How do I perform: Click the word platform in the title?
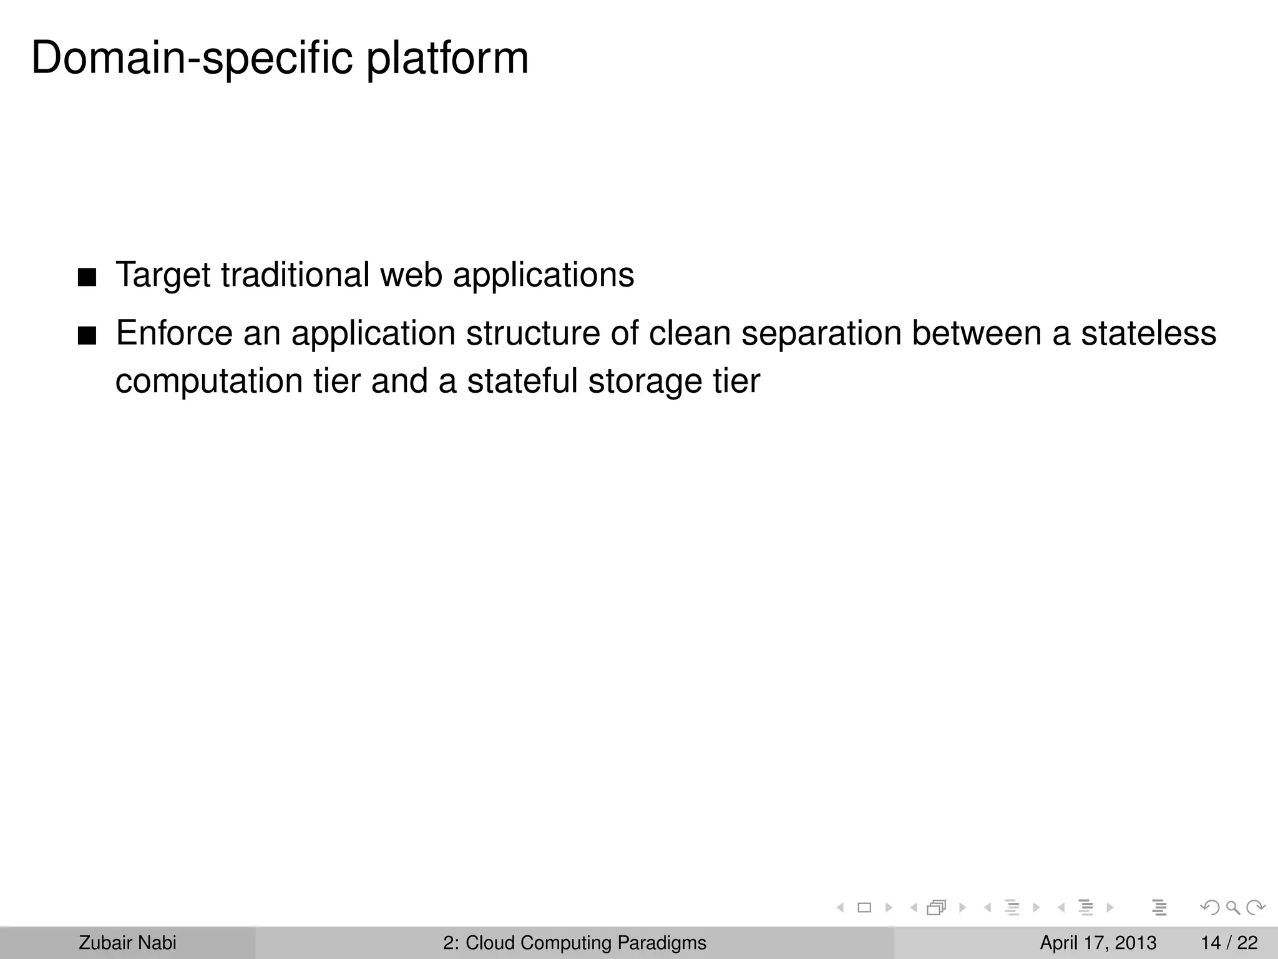click(x=447, y=58)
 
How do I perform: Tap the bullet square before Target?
click(x=87, y=277)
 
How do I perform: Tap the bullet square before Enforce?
click(x=87, y=336)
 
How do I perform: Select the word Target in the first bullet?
click(x=163, y=275)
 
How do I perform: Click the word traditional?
click(x=295, y=275)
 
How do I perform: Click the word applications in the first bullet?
click(x=543, y=275)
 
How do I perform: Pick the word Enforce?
click(x=173, y=333)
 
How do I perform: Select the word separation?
click(x=821, y=333)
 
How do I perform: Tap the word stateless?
click(x=1148, y=333)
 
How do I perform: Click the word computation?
click(x=209, y=381)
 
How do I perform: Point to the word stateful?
click(x=522, y=381)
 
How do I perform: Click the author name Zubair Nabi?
click(x=127, y=943)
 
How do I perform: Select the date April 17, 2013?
click(x=1098, y=943)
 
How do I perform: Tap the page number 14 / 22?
click(x=1229, y=943)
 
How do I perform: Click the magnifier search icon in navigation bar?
click(x=1232, y=907)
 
